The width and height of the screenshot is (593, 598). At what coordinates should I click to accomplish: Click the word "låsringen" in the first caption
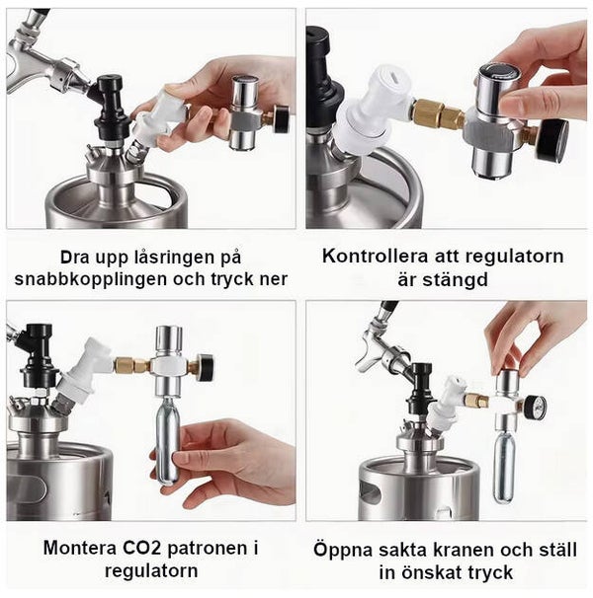click(x=166, y=259)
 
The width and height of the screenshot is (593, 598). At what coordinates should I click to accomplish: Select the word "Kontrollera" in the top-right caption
click(x=375, y=256)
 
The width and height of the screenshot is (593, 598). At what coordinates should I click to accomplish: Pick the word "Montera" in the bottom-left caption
click(x=81, y=549)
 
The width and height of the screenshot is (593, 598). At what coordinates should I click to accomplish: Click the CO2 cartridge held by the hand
click(x=167, y=438)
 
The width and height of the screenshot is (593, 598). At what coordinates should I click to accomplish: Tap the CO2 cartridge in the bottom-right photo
click(x=504, y=468)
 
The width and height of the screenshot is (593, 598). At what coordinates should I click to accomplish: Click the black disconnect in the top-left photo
click(x=111, y=108)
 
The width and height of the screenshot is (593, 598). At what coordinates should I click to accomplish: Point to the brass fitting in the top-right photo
click(x=439, y=113)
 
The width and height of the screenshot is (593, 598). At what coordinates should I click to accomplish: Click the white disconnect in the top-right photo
click(x=373, y=111)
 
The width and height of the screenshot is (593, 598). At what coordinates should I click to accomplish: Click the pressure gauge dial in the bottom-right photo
click(x=536, y=407)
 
